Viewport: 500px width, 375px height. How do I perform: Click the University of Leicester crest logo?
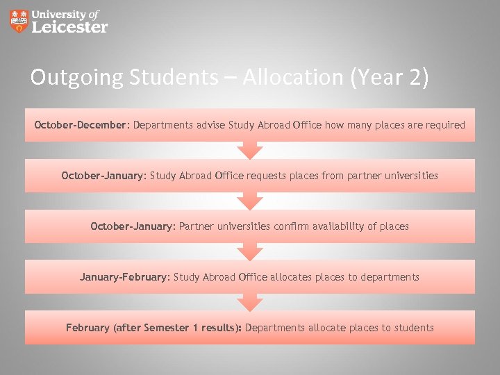coord(20,21)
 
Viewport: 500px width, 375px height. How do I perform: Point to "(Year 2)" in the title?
coord(390,77)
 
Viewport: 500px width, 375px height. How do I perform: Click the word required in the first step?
coord(444,125)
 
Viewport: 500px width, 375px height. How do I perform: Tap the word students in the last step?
coord(412,328)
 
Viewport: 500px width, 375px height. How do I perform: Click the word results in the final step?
coord(217,328)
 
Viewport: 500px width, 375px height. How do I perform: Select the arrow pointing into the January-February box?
coord(250,251)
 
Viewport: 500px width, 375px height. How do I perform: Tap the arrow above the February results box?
coord(250,302)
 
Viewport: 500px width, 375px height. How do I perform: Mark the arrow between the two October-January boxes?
coord(250,201)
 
